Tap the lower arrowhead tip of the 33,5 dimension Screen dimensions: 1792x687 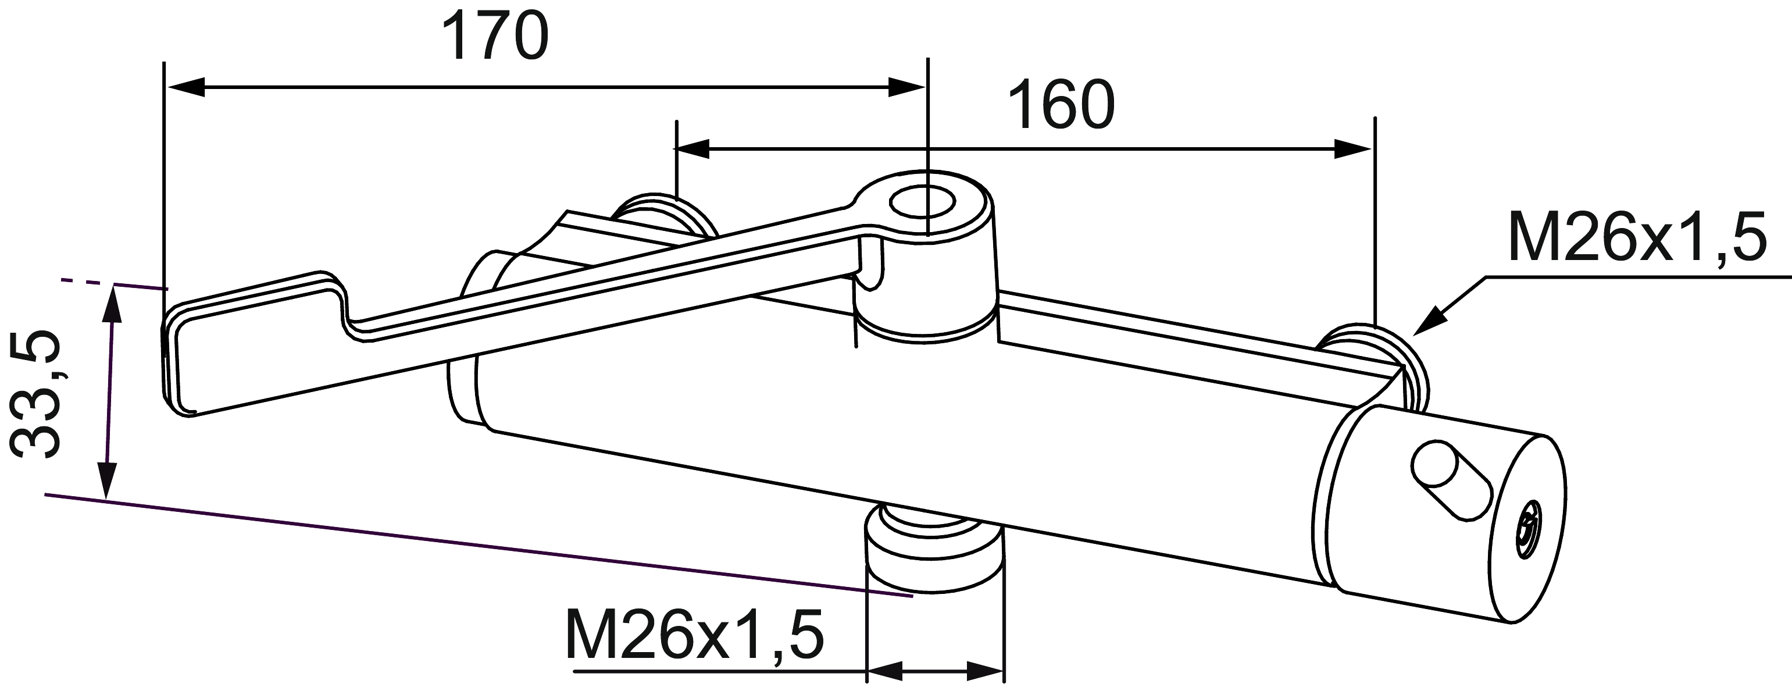pyautogui.click(x=106, y=498)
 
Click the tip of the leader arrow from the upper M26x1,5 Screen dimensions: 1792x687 pyautogui.click(x=1412, y=335)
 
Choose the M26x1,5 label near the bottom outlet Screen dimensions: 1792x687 pyautogui.click(x=695, y=634)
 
